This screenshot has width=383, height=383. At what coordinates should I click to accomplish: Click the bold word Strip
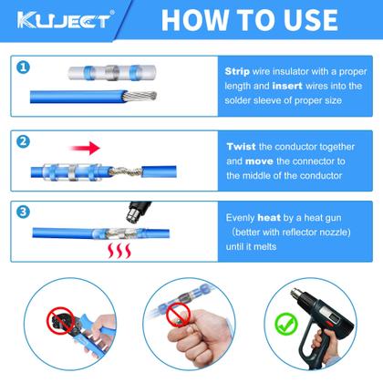pyautogui.click(x=240, y=69)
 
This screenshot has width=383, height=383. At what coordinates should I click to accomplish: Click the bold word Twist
pyautogui.click(x=243, y=146)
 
